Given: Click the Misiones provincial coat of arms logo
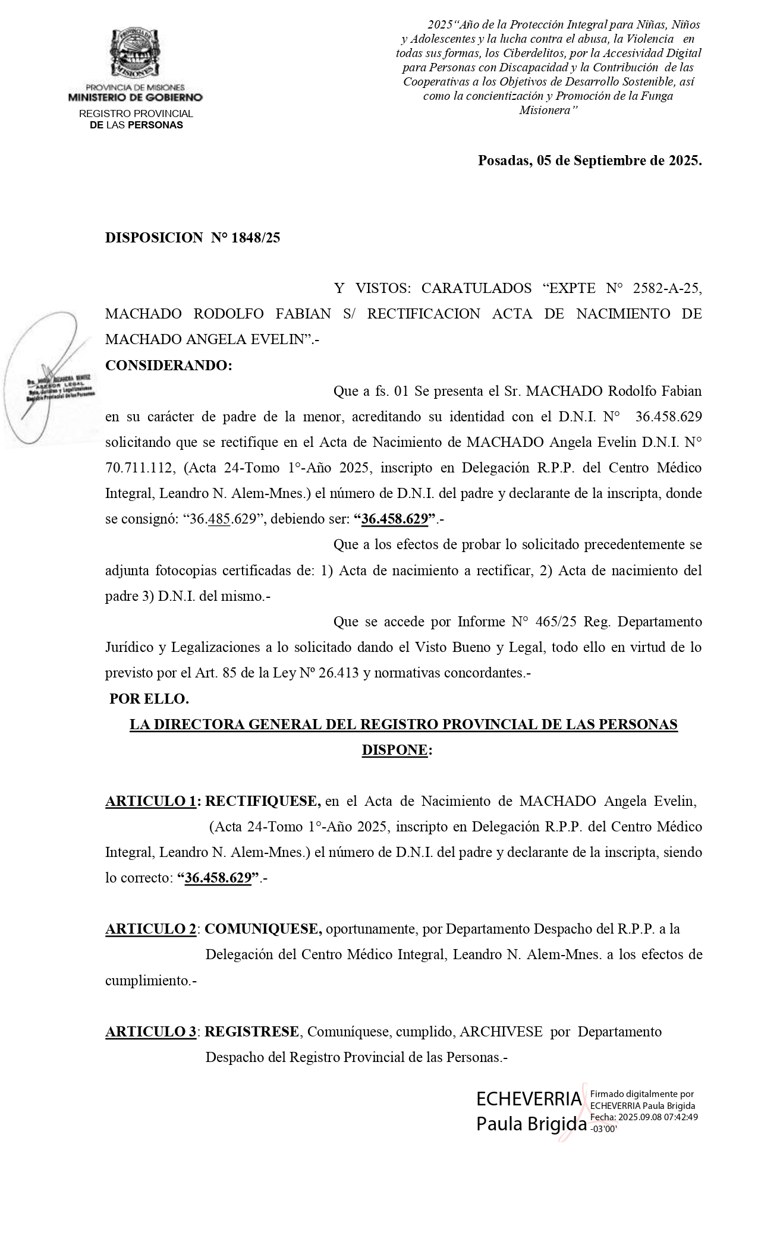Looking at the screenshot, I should pos(136,53).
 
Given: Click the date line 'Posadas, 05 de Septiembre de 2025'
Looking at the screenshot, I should pos(589,160).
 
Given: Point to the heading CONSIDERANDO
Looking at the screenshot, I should pos(168,365).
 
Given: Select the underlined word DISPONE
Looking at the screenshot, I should pos(394,750).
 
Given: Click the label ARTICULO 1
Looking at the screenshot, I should pos(151,801).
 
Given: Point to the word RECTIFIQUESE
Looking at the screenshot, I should pos(263,801).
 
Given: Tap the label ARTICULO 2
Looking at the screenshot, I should pos(151,929).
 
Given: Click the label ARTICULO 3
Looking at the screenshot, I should pos(151,1032).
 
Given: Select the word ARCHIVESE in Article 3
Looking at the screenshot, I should pos(501,1032).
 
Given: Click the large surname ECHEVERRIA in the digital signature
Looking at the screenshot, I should pos(529,1099).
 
